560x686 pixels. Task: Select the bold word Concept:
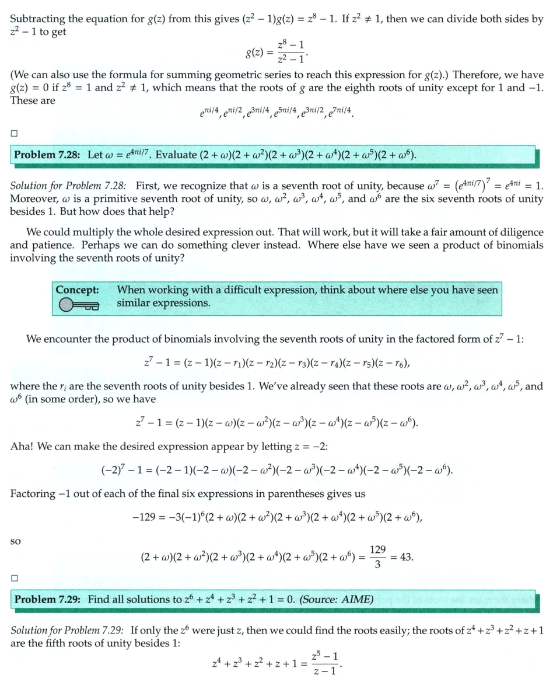pos(77,290)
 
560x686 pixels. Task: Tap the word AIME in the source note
pos(355,600)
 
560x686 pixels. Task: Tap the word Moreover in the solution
pos(33,199)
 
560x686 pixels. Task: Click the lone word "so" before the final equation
pos(16,542)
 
